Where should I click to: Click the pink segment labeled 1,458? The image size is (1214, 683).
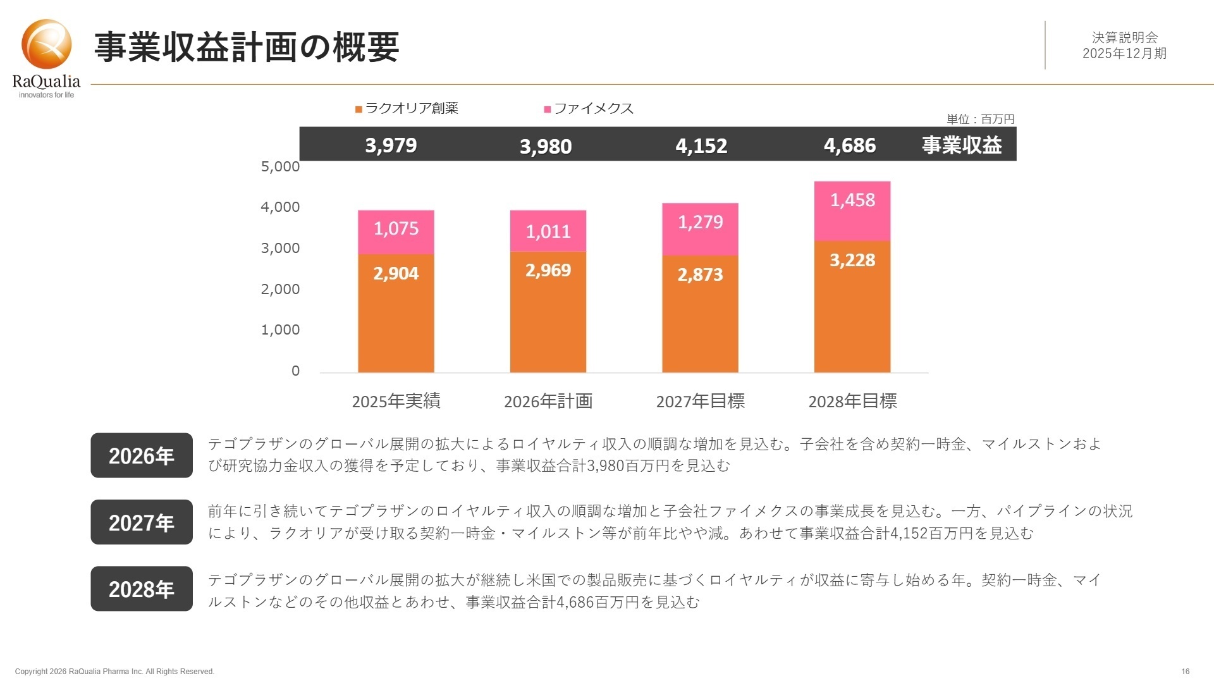852,211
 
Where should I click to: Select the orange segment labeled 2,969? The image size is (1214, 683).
548,312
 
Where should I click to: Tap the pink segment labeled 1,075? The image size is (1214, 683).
396,232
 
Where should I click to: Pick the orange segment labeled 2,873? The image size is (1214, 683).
700,314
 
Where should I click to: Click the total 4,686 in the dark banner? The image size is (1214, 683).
849,145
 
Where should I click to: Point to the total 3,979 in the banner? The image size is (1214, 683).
391,145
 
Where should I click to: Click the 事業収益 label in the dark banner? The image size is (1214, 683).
961,145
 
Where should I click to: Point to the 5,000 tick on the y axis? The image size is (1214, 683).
280,166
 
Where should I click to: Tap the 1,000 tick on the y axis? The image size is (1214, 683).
280,329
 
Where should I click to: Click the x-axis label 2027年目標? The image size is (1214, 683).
700,401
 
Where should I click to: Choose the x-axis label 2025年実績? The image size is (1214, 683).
396,401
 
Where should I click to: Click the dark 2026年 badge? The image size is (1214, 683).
142,455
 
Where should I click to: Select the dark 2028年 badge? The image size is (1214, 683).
142,589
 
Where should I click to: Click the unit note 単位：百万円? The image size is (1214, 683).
980,119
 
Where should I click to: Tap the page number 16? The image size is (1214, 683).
1185,671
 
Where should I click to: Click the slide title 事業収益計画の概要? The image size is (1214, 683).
247,47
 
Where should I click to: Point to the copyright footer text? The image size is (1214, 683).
114,671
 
